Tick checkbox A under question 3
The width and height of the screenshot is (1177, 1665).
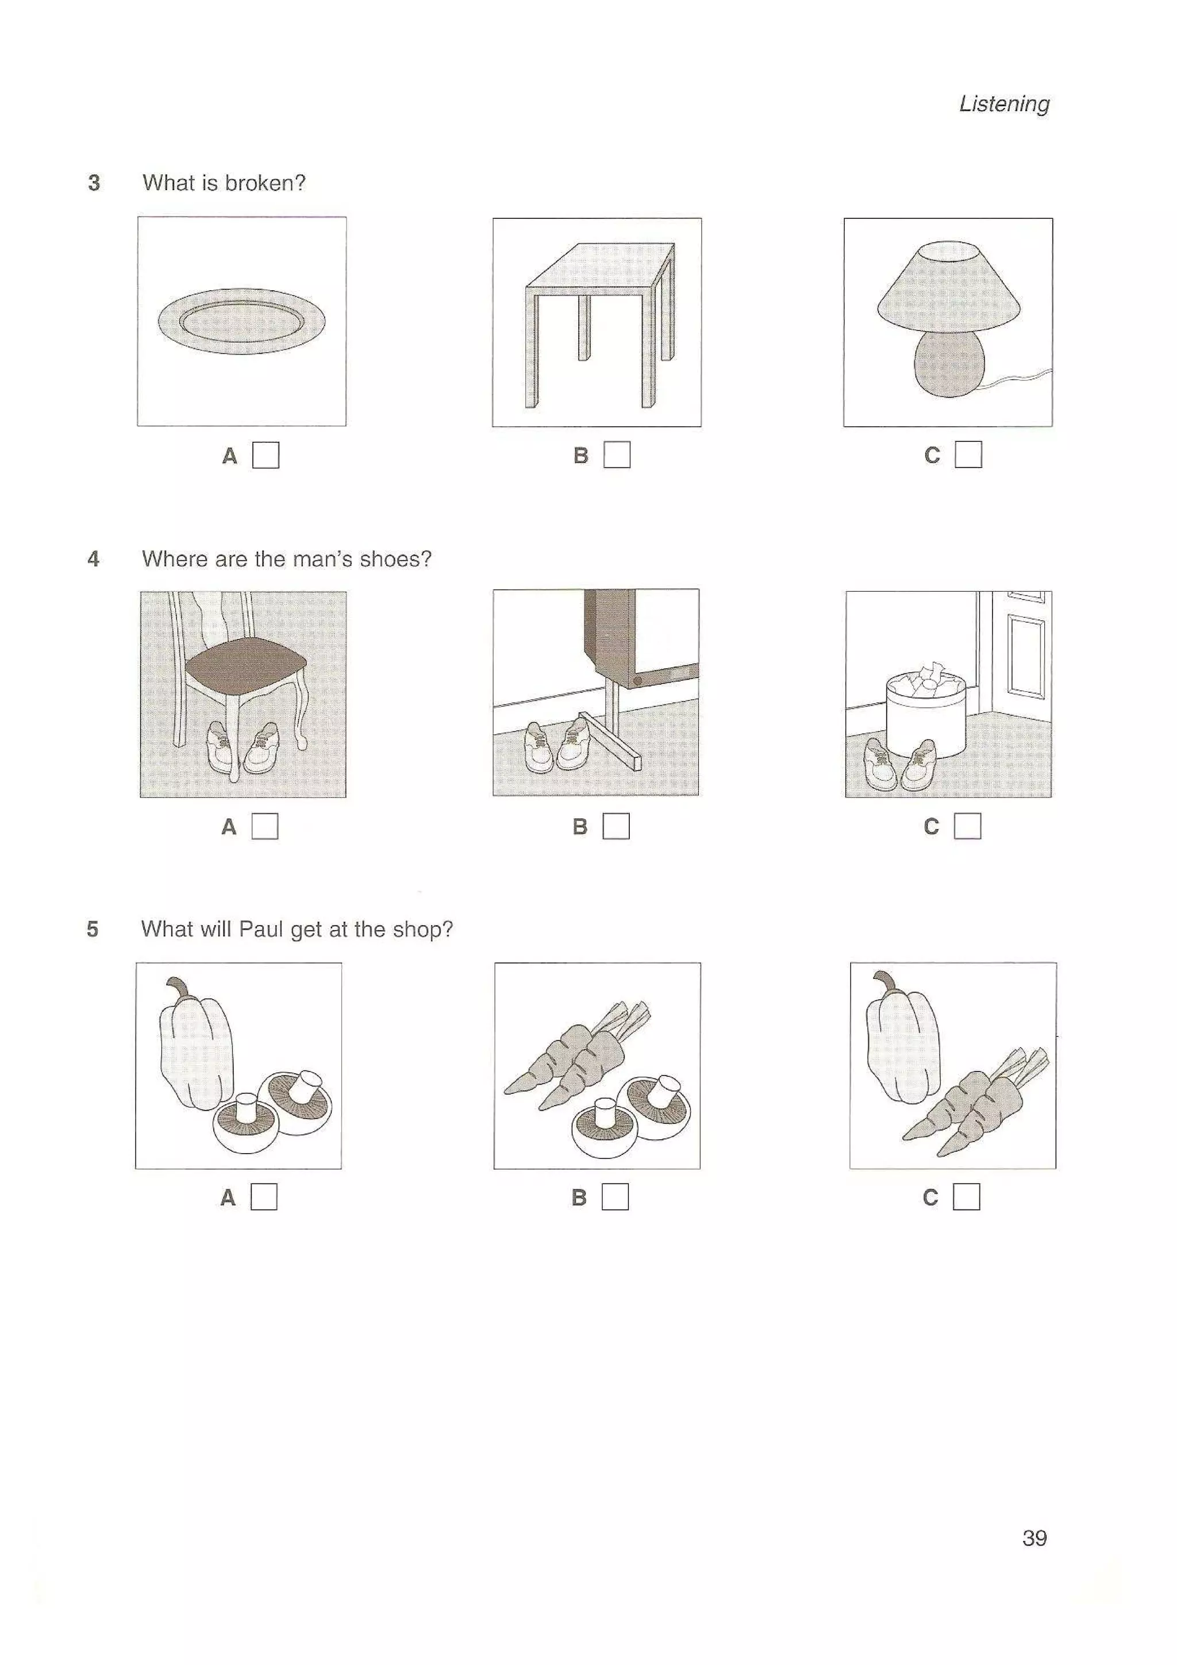pos(266,456)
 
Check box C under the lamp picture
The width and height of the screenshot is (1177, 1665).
pos(968,454)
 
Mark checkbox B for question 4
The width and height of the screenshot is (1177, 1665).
pos(616,826)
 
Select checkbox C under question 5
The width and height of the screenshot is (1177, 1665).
pos(966,1197)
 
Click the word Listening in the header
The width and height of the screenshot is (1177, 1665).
pos(1003,103)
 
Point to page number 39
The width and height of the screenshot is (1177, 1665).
pos(1034,1538)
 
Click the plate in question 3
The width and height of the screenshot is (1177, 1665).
pos(241,321)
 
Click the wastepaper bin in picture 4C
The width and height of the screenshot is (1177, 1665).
pos(926,718)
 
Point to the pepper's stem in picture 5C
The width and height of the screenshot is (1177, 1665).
pos(883,981)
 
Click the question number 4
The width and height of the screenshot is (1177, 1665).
pos(94,559)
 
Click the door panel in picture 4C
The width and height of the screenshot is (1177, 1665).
pos(1025,656)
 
